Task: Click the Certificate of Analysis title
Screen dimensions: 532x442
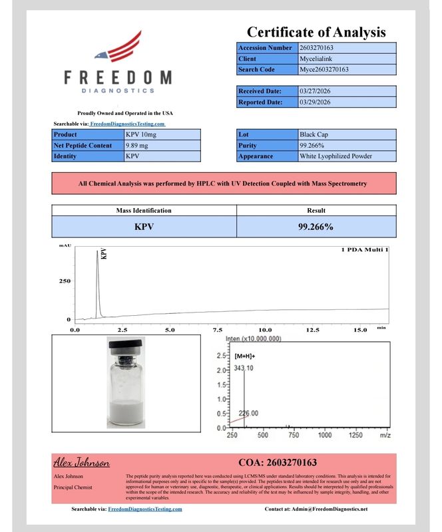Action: point(316,31)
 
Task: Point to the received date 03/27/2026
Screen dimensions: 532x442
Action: point(316,91)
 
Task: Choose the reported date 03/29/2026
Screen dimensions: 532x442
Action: point(316,102)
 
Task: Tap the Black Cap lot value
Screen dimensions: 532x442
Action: point(314,134)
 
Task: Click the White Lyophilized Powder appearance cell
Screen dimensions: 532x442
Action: point(335,156)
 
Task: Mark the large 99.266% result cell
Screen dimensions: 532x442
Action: point(316,227)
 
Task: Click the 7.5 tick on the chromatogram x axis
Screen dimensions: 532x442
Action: point(218,330)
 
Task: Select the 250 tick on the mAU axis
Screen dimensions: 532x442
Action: point(65,281)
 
